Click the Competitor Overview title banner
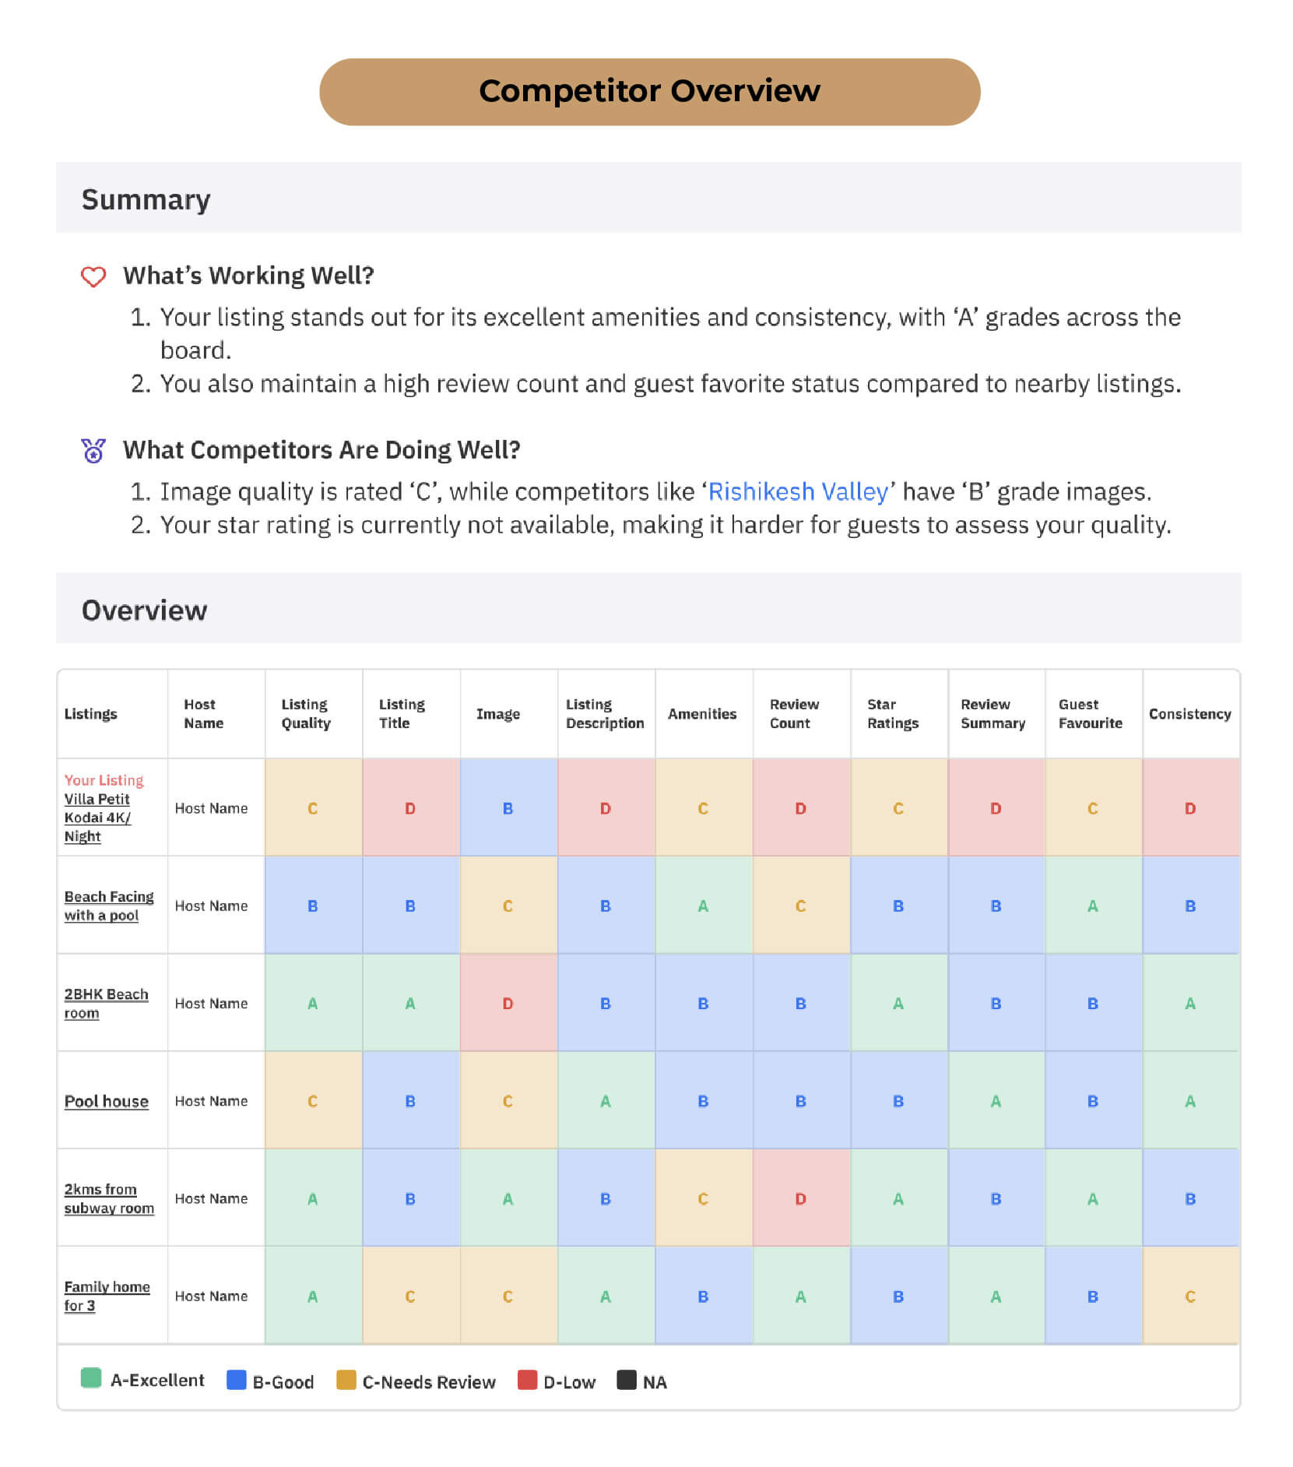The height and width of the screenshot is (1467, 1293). tap(648, 91)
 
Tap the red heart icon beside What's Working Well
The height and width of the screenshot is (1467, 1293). tap(93, 276)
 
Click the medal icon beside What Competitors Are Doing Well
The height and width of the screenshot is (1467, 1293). tap(93, 450)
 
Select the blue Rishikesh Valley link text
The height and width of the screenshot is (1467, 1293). tap(798, 491)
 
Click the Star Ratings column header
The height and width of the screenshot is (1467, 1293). tap(892, 713)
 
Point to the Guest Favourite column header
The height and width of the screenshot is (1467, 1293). tap(1090, 713)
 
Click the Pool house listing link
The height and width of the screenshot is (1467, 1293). tap(106, 1101)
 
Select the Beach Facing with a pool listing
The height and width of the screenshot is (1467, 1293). tap(108, 906)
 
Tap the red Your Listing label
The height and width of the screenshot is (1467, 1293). tap(104, 780)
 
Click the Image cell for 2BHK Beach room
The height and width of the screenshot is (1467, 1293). tap(508, 1003)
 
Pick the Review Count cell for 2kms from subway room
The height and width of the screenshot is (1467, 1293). tap(800, 1198)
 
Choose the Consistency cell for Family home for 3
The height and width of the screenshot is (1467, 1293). tap(1189, 1296)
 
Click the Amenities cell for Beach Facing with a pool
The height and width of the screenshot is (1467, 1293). tap(703, 906)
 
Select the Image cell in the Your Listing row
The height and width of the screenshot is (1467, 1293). tap(508, 808)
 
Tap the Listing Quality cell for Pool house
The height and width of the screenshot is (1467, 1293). tap(312, 1101)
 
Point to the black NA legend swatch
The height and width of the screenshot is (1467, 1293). tap(627, 1380)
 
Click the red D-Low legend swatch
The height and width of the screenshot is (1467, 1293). tap(527, 1380)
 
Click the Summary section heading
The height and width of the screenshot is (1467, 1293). tap(146, 199)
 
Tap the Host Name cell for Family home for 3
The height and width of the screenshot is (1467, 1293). tap(211, 1296)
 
